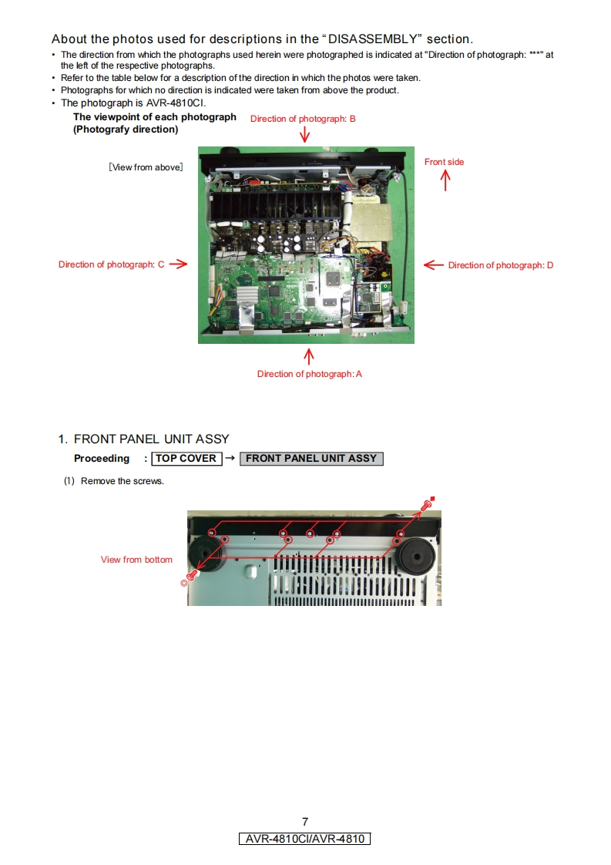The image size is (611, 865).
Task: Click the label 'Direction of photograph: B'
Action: [303, 119]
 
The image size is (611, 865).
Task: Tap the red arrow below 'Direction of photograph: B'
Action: [305, 135]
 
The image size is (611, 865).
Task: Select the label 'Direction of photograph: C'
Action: [111, 264]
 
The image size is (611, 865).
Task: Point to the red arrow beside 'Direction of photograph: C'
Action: [178, 264]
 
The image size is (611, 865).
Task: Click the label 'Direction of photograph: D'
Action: [501, 265]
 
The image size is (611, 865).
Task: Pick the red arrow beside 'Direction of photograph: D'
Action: [434, 264]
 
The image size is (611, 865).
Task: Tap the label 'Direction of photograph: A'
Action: [309, 374]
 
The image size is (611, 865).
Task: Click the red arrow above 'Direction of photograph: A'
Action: [309, 356]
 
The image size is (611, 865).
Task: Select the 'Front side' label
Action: [444, 162]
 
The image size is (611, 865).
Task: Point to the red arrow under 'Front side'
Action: [445, 180]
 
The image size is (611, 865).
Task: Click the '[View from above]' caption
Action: [146, 167]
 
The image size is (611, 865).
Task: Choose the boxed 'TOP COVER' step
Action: [186, 458]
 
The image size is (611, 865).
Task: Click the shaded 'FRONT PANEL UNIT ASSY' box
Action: [311, 458]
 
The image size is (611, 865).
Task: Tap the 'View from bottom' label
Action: [136, 560]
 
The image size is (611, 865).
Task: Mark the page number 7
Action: [305, 822]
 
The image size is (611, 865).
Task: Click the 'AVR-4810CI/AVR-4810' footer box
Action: [305, 839]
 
